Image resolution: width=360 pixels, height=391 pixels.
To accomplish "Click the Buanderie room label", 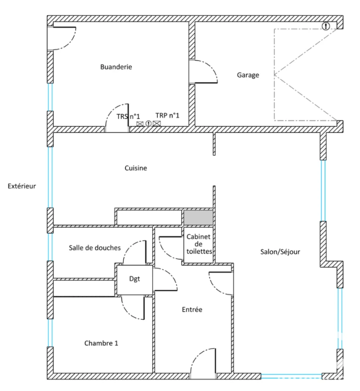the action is (x=116, y=67).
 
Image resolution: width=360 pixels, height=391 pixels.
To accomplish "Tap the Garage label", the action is (x=248, y=75).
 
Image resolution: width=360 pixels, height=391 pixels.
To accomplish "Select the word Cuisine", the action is (x=136, y=168).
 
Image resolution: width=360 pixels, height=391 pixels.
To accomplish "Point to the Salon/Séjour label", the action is (x=280, y=252).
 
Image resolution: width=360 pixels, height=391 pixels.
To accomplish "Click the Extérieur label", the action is (x=22, y=186).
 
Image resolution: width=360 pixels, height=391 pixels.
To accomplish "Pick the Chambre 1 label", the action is (x=101, y=343).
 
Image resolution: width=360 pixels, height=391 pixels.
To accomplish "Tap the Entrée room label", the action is (x=192, y=310).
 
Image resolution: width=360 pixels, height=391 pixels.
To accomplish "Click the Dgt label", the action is (x=134, y=279).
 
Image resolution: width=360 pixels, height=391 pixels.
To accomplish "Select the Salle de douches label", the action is (x=95, y=247).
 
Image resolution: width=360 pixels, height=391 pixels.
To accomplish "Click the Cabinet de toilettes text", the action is (x=199, y=244).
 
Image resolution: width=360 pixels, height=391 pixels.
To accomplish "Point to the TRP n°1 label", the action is (x=168, y=116).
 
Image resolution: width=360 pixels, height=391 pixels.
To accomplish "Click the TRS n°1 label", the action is (x=128, y=117).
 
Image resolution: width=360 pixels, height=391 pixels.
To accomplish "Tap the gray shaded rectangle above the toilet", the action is (x=199, y=217).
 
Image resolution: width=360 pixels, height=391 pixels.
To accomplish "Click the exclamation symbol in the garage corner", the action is (x=325, y=25).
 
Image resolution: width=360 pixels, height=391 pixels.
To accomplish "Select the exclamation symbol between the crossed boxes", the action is (x=149, y=123).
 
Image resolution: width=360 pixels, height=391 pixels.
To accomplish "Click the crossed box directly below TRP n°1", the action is (x=157, y=123).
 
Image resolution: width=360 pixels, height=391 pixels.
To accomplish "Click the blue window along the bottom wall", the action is (x=291, y=376).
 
